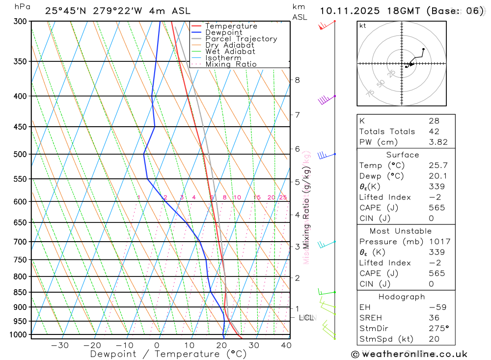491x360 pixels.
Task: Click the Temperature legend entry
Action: click(x=231, y=26)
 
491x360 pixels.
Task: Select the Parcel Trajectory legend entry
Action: click(x=241, y=39)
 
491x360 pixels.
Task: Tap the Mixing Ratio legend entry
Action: click(x=231, y=64)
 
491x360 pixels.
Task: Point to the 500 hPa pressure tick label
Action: click(x=20, y=154)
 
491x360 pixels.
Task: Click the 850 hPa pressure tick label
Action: click(x=20, y=292)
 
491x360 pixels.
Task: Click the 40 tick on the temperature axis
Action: click(x=286, y=345)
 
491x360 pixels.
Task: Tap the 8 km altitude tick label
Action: click(x=297, y=80)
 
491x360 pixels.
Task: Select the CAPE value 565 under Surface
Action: click(x=436, y=208)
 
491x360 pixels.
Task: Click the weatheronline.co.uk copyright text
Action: click(x=409, y=354)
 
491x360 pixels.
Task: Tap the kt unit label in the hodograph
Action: click(x=363, y=26)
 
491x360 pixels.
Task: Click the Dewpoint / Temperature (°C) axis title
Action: click(x=168, y=354)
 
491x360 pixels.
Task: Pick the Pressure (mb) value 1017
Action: click(x=439, y=242)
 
